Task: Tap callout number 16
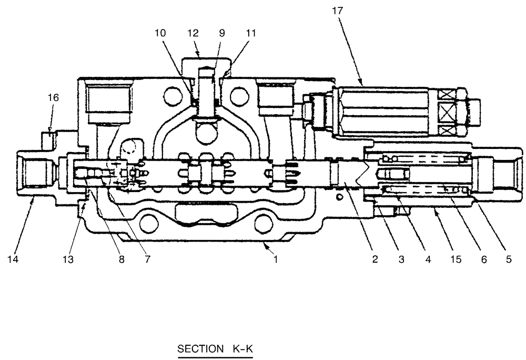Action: pos(54,97)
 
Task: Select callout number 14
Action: pos(17,259)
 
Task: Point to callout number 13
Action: pos(69,259)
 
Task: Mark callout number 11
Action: pos(251,33)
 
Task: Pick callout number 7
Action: pos(147,259)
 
